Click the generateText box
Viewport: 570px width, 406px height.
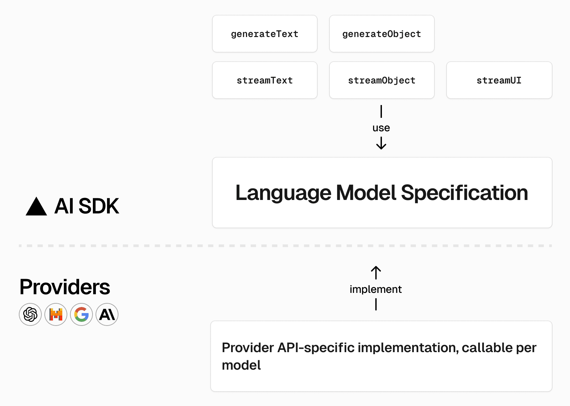click(264, 34)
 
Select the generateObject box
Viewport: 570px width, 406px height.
click(382, 34)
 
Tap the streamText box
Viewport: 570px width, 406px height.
click(264, 80)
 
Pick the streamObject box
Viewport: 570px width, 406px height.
click(382, 80)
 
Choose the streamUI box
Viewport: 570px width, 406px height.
click(499, 80)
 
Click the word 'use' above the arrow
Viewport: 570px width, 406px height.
click(381, 128)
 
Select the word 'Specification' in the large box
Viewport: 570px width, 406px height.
click(464, 193)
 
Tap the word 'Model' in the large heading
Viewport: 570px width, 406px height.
click(366, 193)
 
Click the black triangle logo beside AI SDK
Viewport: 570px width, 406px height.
click(36, 207)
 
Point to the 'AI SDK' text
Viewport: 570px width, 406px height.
click(86, 206)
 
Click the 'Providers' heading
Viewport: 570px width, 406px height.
click(65, 287)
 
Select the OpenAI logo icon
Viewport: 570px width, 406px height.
click(30, 314)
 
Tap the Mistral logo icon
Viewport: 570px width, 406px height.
click(56, 314)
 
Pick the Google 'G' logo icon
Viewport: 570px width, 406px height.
click(81, 314)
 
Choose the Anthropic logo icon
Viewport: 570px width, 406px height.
click(107, 314)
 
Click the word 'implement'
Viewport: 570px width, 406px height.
click(376, 289)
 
